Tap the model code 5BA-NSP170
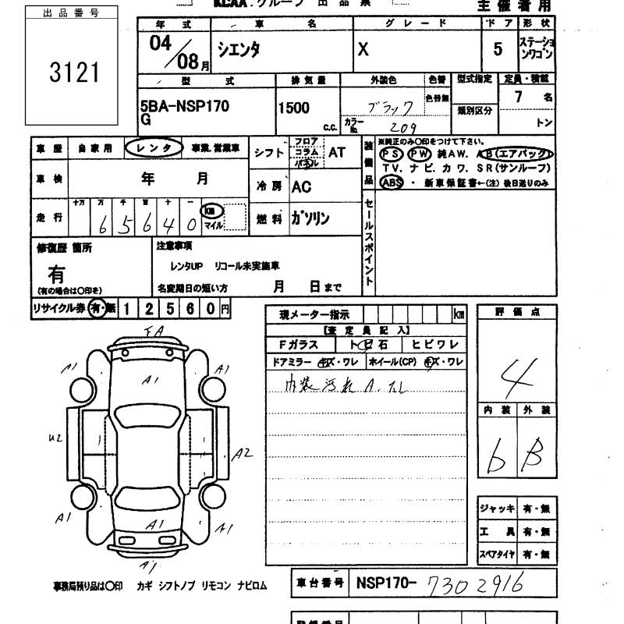click(x=185, y=107)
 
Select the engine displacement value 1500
click(x=294, y=108)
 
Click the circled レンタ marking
click(x=154, y=147)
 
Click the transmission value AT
click(x=336, y=153)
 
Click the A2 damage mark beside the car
click(x=244, y=452)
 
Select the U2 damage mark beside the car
click(x=55, y=439)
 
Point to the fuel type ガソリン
click(x=310, y=219)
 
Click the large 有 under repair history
click(x=57, y=274)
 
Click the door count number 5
click(x=498, y=48)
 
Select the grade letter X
click(x=363, y=48)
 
